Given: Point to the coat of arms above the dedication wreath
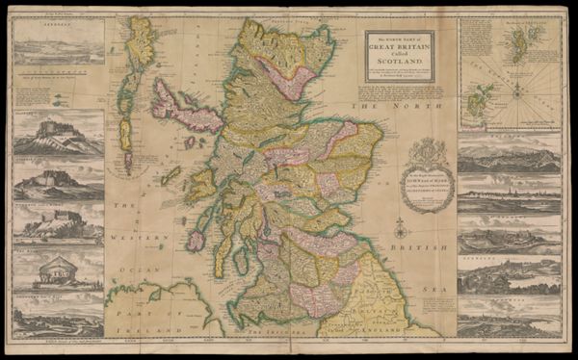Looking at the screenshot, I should click(x=431, y=148).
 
